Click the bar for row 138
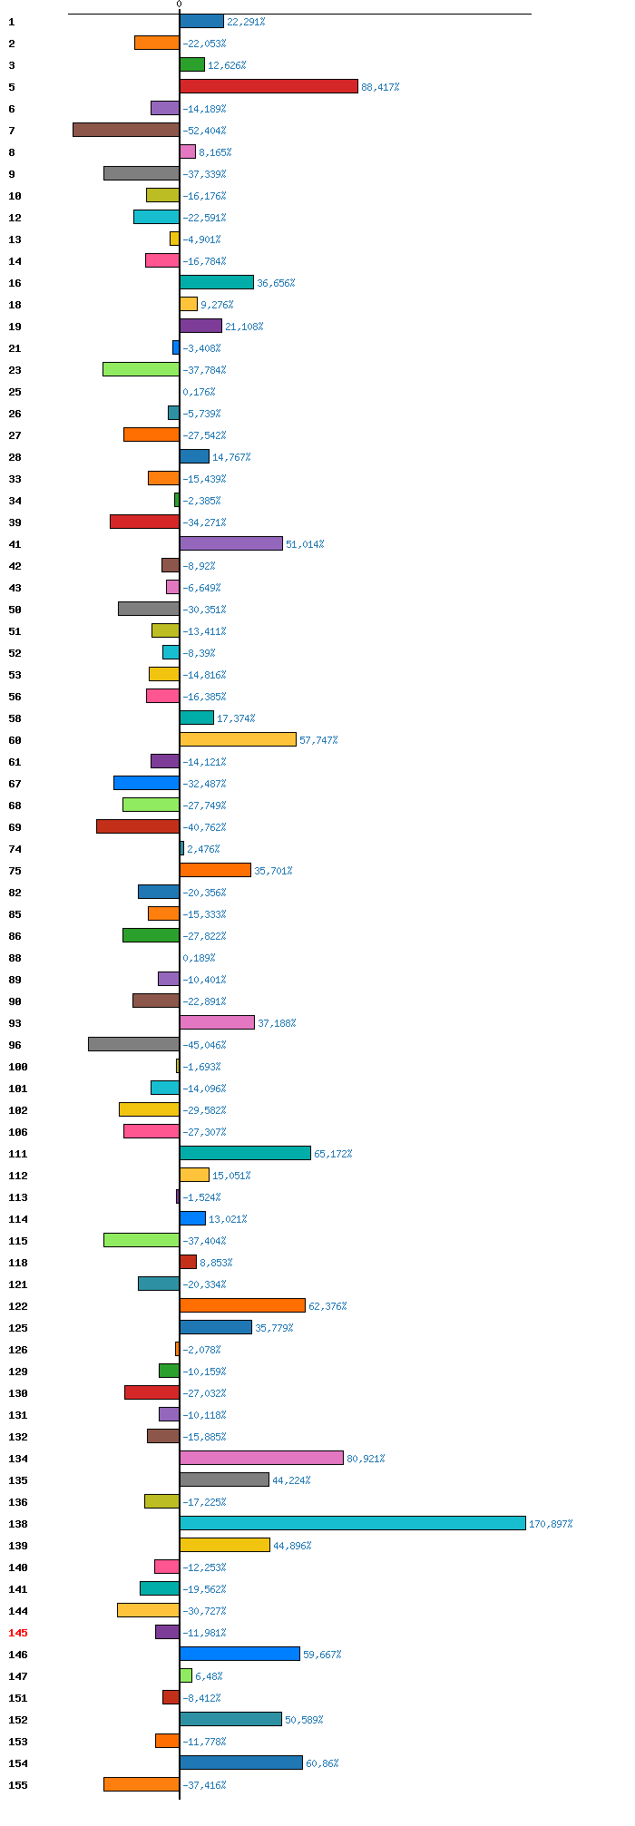point(353,1523)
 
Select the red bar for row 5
point(269,86)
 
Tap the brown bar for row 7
point(126,130)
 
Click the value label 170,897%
point(551,1524)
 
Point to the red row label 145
point(18,1633)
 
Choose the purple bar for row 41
point(231,543)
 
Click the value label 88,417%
point(380,87)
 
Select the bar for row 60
point(238,739)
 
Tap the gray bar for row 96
point(133,1044)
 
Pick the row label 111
point(18,1154)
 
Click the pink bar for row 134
point(261,1458)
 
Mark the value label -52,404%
point(204,131)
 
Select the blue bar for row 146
point(239,1654)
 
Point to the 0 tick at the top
point(179,5)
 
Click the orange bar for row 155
point(142,1784)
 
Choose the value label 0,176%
point(199,392)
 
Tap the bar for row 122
point(242,1305)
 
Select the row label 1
point(12,22)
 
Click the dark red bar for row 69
point(138,826)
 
